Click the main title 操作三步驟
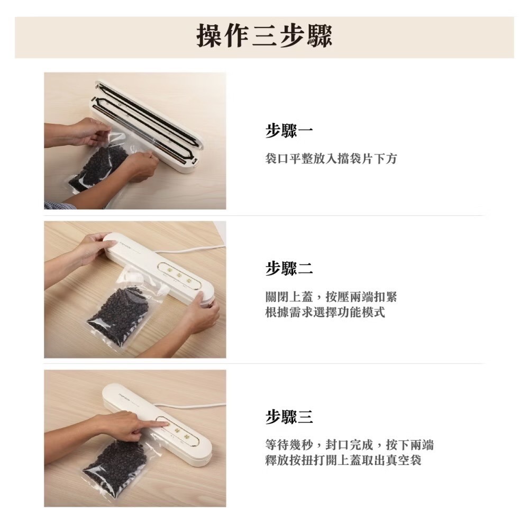(x=264, y=36)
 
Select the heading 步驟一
(x=289, y=131)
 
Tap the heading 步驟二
(x=289, y=269)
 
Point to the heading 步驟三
(x=289, y=417)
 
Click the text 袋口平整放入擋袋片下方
(x=331, y=159)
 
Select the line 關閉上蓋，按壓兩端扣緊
(x=331, y=297)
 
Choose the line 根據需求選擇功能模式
(x=325, y=312)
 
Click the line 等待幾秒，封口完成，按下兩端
(x=349, y=445)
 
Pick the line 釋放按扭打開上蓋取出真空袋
(x=343, y=460)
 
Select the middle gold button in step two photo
(x=179, y=276)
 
